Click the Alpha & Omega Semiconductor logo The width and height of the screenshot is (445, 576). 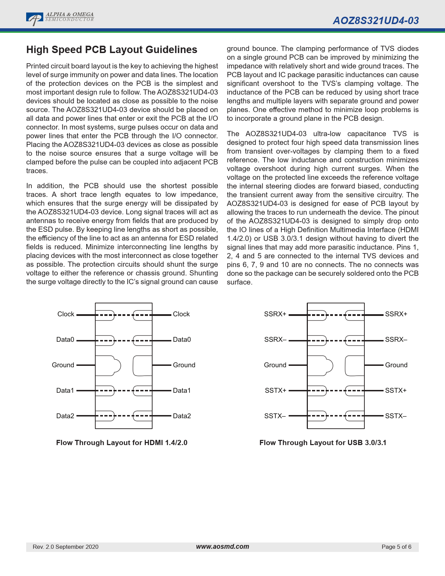(60, 19)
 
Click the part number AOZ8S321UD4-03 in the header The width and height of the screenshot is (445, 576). (376, 21)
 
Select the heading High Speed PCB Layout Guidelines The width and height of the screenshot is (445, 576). (112, 50)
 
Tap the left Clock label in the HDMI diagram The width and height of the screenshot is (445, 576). (66, 314)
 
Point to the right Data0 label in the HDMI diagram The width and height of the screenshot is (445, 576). (182, 340)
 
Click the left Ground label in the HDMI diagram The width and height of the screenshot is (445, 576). (63, 365)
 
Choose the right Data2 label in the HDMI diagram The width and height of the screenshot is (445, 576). (182, 416)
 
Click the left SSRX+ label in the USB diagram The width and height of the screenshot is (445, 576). (275, 314)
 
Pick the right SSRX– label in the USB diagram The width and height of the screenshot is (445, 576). (396, 340)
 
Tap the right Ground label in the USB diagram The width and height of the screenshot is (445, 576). (396, 365)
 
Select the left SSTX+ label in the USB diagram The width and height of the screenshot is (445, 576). (275, 391)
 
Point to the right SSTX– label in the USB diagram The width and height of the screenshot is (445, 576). (396, 416)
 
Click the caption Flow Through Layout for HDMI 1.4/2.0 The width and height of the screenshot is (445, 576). (122, 443)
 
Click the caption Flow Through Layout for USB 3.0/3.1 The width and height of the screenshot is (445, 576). (323, 443)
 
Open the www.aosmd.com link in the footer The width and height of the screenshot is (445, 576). (222, 547)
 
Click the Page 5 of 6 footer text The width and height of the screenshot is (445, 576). (396, 547)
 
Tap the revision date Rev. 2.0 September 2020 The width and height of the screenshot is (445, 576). (66, 547)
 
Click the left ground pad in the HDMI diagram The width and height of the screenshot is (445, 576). (108, 365)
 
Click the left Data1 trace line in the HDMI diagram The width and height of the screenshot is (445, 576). (86, 391)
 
